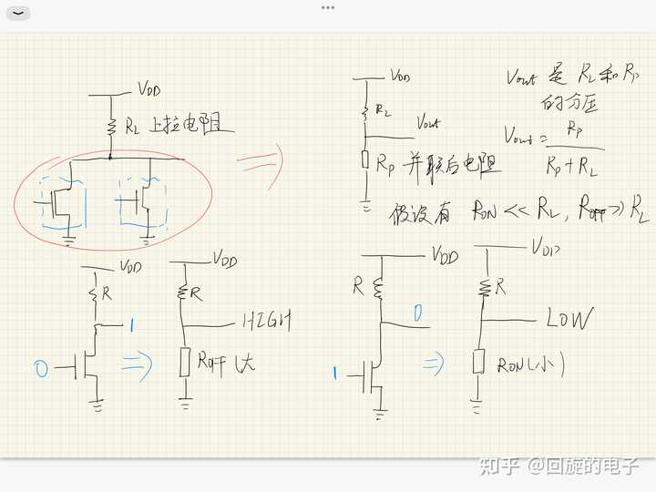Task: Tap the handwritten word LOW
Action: [x=569, y=319]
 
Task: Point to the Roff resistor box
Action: [x=185, y=362]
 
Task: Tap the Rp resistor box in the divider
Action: [x=365, y=160]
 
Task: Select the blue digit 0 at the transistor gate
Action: [x=40, y=368]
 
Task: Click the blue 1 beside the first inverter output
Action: [x=134, y=324]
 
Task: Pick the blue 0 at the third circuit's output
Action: [x=418, y=315]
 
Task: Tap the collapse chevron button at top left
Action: [x=17, y=14]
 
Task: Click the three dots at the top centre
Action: [x=328, y=7]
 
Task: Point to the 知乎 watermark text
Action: [x=500, y=466]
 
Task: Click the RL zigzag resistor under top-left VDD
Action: [x=110, y=127]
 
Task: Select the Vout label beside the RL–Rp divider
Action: [x=427, y=123]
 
